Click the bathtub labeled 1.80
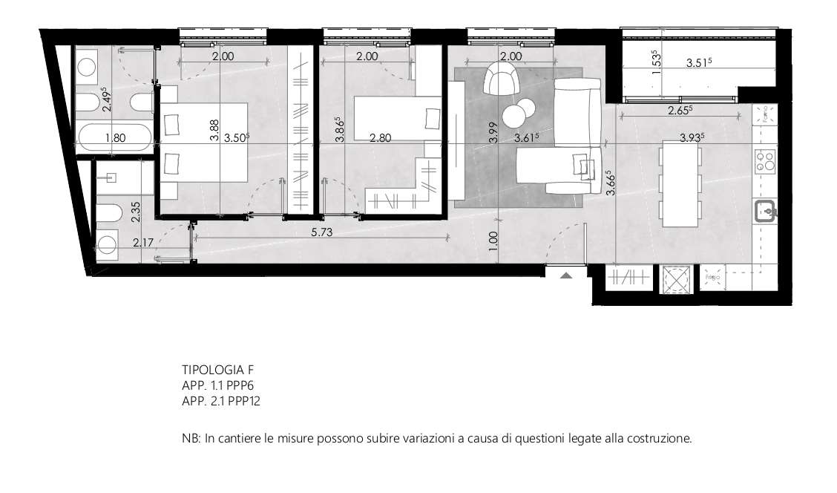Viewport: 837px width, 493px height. [115, 138]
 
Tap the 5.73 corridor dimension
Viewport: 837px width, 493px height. [321, 232]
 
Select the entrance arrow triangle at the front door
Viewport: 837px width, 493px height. [566, 275]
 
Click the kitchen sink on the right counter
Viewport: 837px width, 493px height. [764, 212]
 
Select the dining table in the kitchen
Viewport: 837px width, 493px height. [680, 184]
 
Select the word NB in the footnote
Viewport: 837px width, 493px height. [189, 439]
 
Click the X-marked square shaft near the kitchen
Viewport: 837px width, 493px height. [676, 279]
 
